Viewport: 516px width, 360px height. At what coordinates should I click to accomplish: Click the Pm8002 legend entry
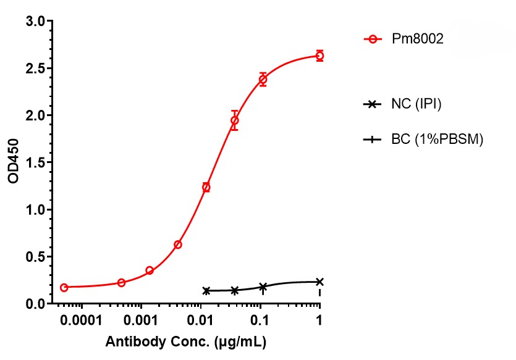point(418,40)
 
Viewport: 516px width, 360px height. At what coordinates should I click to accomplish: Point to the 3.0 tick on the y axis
point(36,22)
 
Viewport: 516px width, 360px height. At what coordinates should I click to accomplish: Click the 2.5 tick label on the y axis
point(36,69)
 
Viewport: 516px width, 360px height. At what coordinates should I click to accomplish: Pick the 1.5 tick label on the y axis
point(36,163)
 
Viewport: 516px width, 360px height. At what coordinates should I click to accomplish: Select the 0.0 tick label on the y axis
point(36,304)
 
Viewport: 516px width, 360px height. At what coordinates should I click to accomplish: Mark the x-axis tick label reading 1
point(319,322)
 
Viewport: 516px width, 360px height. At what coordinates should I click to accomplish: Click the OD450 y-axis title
point(14,162)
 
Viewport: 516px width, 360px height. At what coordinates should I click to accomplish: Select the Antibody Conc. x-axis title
point(187,341)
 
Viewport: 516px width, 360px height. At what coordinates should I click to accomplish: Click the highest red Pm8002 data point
point(319,56)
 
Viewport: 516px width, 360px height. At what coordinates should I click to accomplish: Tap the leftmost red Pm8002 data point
point(64,288)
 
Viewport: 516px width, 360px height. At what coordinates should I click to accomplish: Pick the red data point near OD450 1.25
point(206,187)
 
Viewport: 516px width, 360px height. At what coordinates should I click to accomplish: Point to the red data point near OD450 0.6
point(178,245)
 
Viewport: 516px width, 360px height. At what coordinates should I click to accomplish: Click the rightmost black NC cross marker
point(319,282)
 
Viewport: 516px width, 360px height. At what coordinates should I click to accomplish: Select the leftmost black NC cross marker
point(206,290)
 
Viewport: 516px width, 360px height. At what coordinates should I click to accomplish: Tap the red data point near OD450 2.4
point(263,80)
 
